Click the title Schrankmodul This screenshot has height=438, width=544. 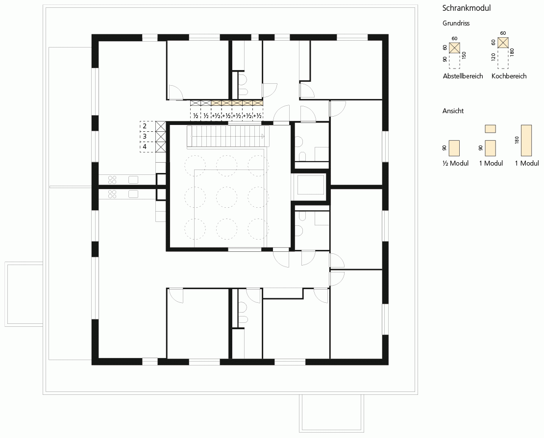point(466,8)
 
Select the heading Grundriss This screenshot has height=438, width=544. point(456,23)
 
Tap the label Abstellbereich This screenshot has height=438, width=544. point(463,76)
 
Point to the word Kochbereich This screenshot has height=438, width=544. point(509,76)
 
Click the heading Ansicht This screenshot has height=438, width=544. point(453,111)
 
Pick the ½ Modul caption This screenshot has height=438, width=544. point(455,163)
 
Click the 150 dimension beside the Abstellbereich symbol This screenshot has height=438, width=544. point(464,55)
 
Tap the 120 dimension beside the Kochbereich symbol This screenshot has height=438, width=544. point(494,57)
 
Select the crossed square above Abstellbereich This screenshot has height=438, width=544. point(454,48)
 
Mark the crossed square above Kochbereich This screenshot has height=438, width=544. point(503,43)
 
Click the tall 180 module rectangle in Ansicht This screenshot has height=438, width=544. point(526,141)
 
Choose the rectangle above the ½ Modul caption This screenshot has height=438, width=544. point(454,148)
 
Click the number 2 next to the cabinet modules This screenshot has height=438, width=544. point(145,126)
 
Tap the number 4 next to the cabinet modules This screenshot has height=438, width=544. point(145,146)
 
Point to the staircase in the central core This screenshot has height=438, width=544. point(228,136)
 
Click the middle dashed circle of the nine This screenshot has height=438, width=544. point(227,197)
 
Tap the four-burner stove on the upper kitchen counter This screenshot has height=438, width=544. point(112,180)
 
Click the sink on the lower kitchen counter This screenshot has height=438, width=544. point(133,194)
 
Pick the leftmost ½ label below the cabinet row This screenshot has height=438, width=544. point(196,116)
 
